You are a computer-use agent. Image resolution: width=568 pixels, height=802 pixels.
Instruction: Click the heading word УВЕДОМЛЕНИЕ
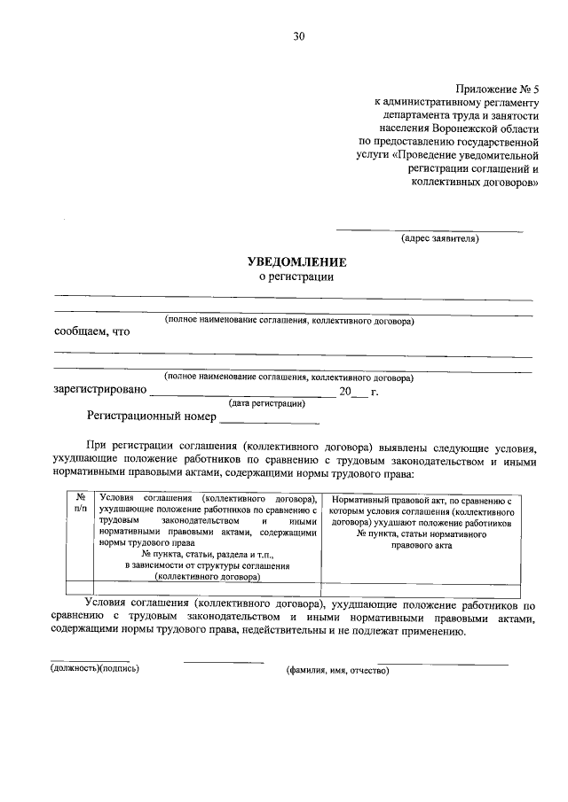[x=296, y=262]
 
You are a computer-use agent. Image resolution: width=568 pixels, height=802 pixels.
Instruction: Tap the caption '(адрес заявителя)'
[x=440, y=238]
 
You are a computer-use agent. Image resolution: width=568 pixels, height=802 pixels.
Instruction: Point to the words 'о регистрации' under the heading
[x=296, y=277]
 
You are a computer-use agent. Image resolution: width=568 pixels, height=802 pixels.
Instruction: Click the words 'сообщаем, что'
[x=91, y=332]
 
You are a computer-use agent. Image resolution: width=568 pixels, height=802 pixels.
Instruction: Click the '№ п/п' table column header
[x=81, y=505]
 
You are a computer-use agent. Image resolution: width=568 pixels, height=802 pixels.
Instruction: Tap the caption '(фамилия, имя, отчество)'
[x=337, y=670]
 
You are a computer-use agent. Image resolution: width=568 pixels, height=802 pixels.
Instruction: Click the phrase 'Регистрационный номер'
[x=152, y=415]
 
